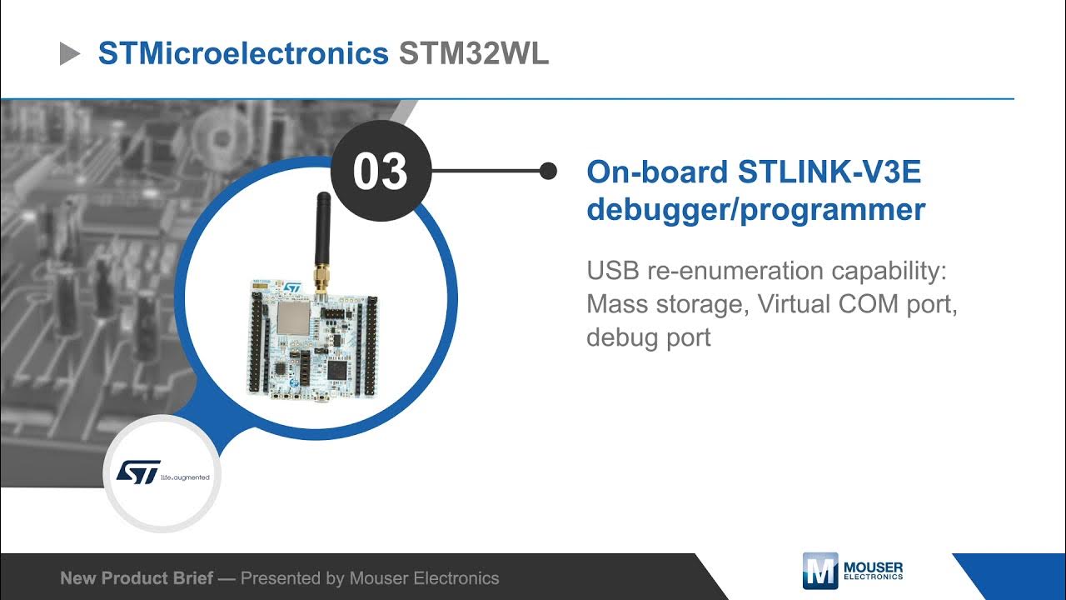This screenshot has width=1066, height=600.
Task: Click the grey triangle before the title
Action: [70, 55]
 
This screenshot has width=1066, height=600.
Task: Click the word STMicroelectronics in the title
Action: [243, 54]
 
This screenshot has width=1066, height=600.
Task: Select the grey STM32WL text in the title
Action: [474, 54]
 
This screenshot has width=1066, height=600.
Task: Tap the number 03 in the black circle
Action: [380, 171]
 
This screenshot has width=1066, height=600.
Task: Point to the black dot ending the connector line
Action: [548, 171]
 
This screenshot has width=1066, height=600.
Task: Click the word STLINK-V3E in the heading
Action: [829, 172]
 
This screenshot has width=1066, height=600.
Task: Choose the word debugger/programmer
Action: [755, 210]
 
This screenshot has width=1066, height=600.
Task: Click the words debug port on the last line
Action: [649, 337]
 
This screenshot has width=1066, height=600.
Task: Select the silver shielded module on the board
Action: [291, 319]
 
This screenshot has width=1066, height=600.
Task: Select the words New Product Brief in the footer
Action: [135, 577]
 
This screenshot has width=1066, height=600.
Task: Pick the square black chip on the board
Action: [338, 368]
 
